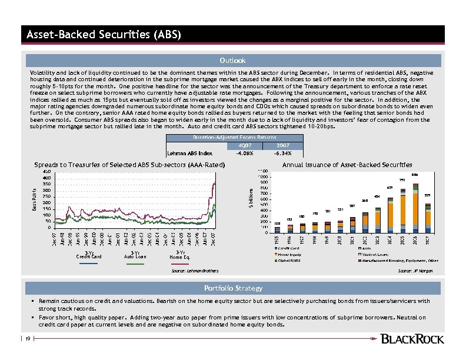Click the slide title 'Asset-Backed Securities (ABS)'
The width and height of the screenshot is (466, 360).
pos(104,34)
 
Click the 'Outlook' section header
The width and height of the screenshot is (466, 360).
pos(233,61)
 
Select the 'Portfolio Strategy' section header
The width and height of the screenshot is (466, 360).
pos(233,288)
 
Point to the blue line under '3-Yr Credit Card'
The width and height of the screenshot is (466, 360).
pos(88,264)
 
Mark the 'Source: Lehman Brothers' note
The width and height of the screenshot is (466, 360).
pos(195,271)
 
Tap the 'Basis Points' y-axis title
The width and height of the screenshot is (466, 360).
pos(34,199)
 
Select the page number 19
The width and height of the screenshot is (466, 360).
pos(28,338)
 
